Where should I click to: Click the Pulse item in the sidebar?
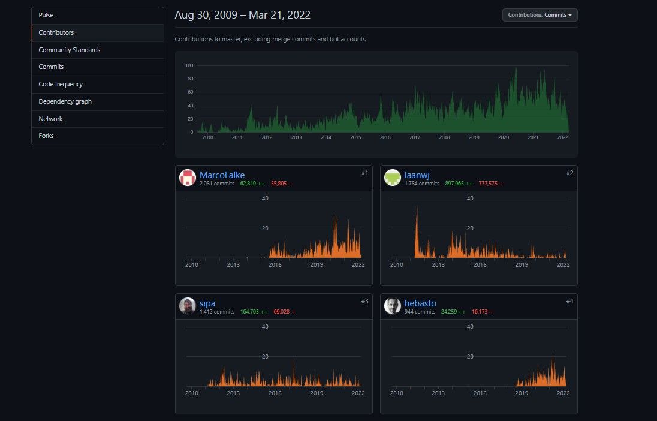46,15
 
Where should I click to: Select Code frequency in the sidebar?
61,85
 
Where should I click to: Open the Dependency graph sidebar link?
65,102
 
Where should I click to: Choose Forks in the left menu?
46,136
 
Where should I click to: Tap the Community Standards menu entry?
69,50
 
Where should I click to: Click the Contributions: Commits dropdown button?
540,15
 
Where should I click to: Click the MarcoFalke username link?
222,175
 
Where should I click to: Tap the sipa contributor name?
207,303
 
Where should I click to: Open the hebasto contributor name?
420,303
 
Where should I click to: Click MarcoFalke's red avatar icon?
188,178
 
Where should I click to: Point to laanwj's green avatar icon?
393,178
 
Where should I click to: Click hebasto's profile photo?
393,306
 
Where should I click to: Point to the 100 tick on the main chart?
189,65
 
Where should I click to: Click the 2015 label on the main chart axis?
355,137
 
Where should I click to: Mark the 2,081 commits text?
217,184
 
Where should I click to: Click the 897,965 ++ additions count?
459,184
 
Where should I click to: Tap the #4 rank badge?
569,301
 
